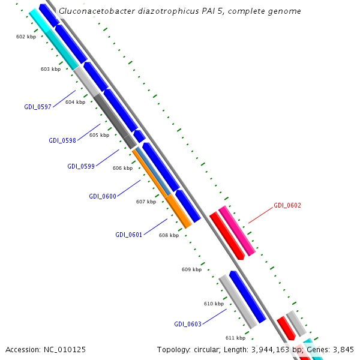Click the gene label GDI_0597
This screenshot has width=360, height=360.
pyautogui.click(x=38, y=107)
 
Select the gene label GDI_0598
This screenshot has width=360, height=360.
pyautogui.click(x=62, y=140)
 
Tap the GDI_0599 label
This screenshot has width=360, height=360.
pyautogui.click(x=81, y=166)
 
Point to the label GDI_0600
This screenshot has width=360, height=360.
pyautogui.click(x=103, y=196)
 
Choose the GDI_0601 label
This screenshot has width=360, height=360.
pyautogui.click(x=129, y=235)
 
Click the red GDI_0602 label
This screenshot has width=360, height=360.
pyautogui.click(x=287, y=205)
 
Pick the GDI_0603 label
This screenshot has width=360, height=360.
pyautogui.click(x=188, y=324)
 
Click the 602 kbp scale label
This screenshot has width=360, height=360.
pyautogui.click(x=26, y=37)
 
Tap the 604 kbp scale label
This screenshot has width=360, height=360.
pyautogui.click(x=75, y=102)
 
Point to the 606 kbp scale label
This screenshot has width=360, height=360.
pyautogui.click(x=122, y=168)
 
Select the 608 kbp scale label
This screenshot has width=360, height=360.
pyautogui.click(x=169, y=235)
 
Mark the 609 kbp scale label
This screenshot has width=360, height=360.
pyautogui.click(x=191, y=269)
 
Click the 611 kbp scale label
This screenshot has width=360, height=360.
pyautogui.click(x=235, y=338)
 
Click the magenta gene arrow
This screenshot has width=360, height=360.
pyautogui.click(x=237, y=230)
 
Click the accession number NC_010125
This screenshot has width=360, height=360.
pyautogui.click(x=64, y=349)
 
